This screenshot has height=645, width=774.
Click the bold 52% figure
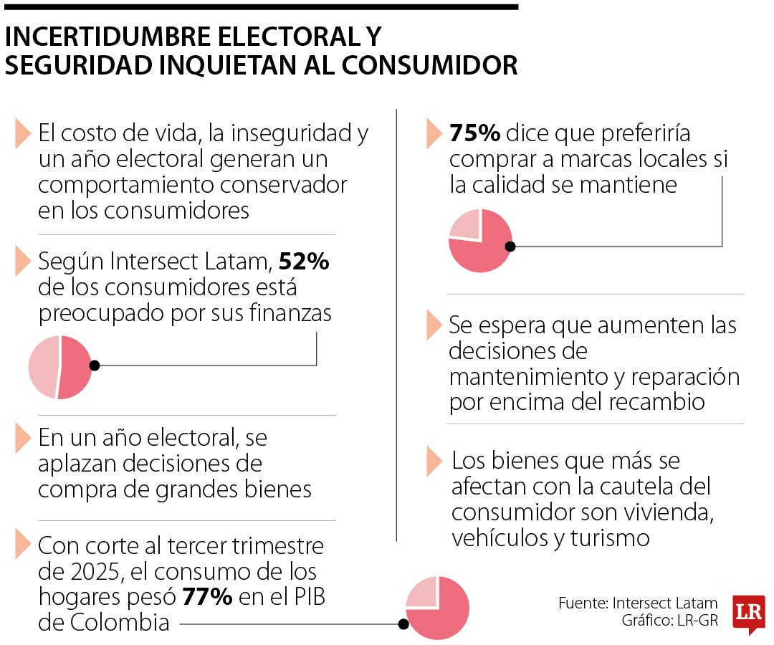pyautogui.click(x=303, y=262)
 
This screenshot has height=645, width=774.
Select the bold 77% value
pyautogui.click(x=207, y=597)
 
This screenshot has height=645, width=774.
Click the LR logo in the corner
pyautogui.click(x=749, y=613)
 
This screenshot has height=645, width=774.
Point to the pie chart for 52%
pyautogui.click(x=60, y=366)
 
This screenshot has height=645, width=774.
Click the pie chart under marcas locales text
pyautogui.click(x=481, y=241)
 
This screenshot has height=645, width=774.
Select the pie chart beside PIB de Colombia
pyautogui.click(x=437, y=608)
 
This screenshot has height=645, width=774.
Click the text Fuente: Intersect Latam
pyautogui.click(x=638, y=603)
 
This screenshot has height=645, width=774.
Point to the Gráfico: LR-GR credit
pyautogui.click(x=669, y=621)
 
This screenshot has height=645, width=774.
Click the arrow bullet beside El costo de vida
pyautogui.click(x=21, y=133)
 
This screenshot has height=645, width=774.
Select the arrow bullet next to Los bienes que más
pyautogui.click(x=434, y=461)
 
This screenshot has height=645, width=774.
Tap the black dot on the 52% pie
pyautogui.click(x=95, y=365)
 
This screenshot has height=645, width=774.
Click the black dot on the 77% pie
pyautogui.click(x=403, y=624)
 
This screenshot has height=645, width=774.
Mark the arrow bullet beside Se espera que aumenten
pyautogui.click(x=434, y=325)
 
